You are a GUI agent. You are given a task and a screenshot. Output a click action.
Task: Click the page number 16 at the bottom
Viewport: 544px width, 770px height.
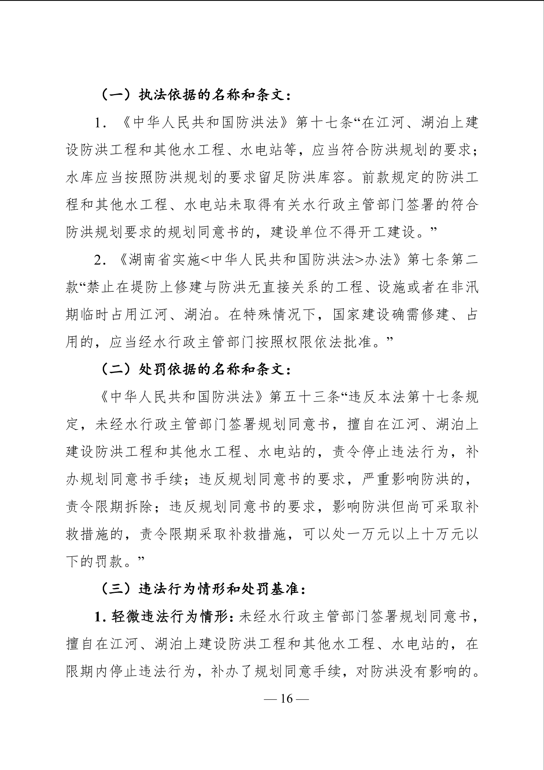click(287, 699)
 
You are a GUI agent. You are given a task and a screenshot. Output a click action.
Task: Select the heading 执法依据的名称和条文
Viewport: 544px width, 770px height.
click(214, 96)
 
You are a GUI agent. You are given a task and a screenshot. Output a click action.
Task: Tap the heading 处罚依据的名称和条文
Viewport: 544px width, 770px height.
click(214, 370)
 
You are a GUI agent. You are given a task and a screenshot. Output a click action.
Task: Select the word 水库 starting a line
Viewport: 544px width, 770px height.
click(80, 178)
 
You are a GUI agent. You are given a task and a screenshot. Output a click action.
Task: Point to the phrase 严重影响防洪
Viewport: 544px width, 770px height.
click(399, 480)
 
